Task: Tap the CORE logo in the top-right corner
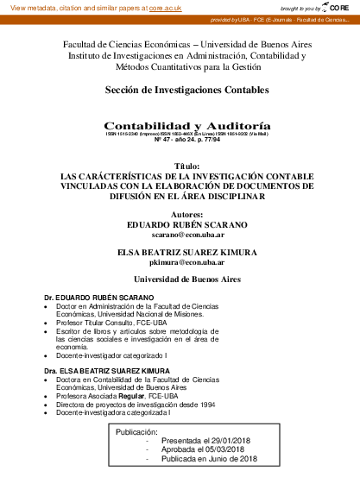point(338,7)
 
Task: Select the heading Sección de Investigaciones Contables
point(180,89)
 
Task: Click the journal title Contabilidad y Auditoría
point(180,125)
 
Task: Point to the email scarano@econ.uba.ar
point(180,235)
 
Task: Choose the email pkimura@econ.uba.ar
point(180,263)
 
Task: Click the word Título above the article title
point(180,165)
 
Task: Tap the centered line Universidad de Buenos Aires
point(180,279)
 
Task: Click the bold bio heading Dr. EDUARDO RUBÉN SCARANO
point(99,298)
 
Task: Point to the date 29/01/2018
point(223,440)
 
